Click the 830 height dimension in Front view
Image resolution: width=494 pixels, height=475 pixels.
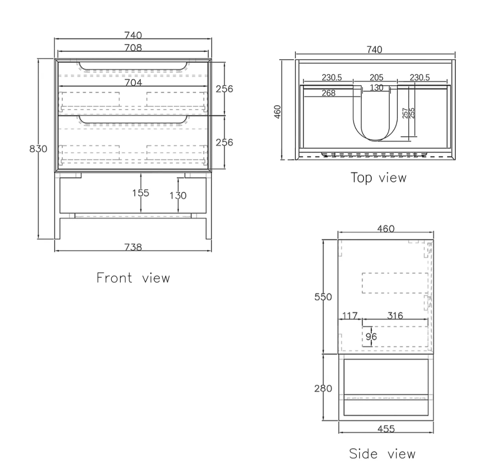(39, 149)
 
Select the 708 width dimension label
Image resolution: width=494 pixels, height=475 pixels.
(133, 48)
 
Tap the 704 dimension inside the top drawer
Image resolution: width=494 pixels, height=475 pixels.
(133, 83)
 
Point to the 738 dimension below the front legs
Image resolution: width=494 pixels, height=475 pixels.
(133, 247)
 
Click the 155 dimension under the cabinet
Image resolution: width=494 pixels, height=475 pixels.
(141, 193)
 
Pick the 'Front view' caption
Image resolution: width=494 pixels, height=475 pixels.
(133, 278)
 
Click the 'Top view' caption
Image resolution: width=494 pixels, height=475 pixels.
(378, 178)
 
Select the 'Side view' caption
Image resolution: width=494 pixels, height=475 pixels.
(382, 454)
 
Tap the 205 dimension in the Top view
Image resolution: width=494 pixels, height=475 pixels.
(376, 77)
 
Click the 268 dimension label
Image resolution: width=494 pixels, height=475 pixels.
(329, 93)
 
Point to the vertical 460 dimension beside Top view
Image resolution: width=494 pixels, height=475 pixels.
(278, 112)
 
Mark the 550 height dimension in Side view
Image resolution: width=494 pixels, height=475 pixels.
(323, 297)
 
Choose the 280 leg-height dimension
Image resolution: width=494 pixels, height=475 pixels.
(323, 388)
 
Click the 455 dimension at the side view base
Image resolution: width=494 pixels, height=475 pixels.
(386, 429)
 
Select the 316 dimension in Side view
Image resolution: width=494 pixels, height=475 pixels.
(395, 316)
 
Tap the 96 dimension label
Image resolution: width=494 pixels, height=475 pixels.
(371, 337)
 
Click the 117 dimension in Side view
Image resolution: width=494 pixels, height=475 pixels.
(350, 316)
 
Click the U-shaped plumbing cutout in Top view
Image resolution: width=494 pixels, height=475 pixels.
(375, 113)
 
